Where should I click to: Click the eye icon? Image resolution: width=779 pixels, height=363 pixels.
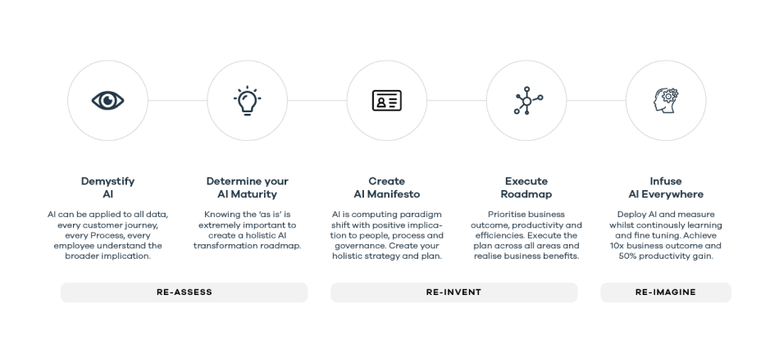(107, 100)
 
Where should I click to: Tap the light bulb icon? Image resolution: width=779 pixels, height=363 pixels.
(248, 101)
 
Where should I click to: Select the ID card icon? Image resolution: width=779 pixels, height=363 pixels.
(387, 100)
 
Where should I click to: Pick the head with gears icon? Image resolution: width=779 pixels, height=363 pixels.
(666, 100)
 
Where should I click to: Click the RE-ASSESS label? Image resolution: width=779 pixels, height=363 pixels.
(184, 293)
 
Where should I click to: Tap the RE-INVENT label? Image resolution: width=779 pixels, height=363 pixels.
(453, 293)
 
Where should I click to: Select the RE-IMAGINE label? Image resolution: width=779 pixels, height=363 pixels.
(666, 293)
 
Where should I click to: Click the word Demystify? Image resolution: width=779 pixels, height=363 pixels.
(107, 181)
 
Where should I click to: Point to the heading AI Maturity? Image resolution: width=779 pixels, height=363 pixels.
(248, 194)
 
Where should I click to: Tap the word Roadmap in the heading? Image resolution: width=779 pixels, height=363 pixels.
(526, 194)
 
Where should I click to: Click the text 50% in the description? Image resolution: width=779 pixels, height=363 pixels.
(628, 256)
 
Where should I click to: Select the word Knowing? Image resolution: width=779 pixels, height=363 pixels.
(222, 215)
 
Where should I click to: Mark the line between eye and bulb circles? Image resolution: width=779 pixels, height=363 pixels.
(177, 100)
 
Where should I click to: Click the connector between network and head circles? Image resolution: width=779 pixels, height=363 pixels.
(596, 100)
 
